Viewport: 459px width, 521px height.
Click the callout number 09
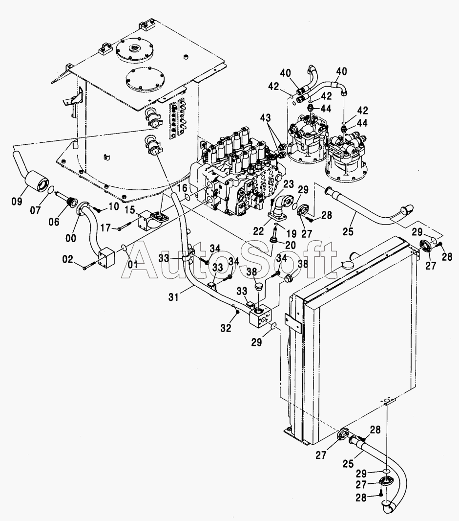coord(17,202)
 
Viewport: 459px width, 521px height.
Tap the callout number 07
coord(36,210)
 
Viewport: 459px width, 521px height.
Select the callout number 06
coord(54,222)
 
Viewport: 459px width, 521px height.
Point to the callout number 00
coord(71,238)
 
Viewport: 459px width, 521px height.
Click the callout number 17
coord(105,228)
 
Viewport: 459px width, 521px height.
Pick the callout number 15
coord(130,210)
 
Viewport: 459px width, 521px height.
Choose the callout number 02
coord(68,259)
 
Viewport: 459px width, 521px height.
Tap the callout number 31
coord(173,297)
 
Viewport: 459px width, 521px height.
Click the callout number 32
coord(226,328)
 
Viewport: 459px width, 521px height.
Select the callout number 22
coord(258,230)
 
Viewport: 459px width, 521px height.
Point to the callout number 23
coord(289,184)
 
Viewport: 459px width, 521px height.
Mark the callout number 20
coord(290,245)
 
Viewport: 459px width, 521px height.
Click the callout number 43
coord(265,118)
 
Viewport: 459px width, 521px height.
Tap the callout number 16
coord(182,188)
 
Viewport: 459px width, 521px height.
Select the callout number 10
coord(113,206)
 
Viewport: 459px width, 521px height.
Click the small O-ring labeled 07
coord(50,190)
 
